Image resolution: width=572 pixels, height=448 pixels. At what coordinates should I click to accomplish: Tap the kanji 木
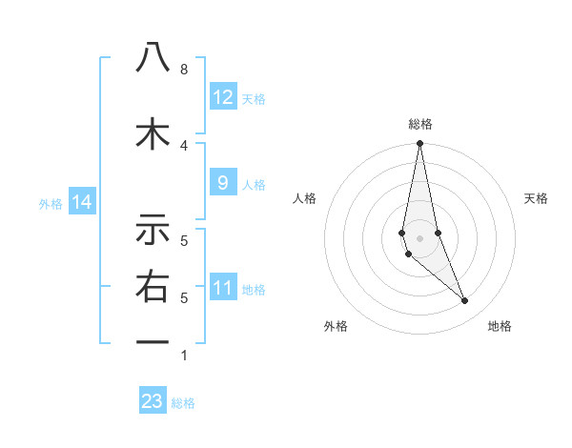coord(153,133)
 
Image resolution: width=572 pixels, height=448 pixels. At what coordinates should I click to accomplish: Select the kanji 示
coord(153,230)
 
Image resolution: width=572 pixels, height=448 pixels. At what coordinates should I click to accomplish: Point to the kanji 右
coord(153,287)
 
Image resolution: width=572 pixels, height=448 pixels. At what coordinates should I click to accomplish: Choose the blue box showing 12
coord(223,96)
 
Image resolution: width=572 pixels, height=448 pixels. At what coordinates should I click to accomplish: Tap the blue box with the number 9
coord(223,182)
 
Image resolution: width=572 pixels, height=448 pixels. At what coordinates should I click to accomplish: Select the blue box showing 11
coord(223,287)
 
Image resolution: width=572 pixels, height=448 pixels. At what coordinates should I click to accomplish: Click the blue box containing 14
coord(81,201)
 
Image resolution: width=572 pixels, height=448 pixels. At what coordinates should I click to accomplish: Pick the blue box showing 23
coord(153,401)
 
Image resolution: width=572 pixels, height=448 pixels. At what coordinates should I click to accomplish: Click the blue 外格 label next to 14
coord(51,203)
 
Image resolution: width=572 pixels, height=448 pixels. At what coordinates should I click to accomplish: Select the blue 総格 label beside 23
coord(183,403)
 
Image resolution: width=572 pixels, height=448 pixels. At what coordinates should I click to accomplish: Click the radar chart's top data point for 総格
coord(419,144)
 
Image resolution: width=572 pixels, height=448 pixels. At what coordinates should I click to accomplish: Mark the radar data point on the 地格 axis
coord(465,301)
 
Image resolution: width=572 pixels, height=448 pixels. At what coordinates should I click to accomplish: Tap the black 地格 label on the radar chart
coord(500,326)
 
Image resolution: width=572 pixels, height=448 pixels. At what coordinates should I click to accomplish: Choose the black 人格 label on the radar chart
coord(304,198)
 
